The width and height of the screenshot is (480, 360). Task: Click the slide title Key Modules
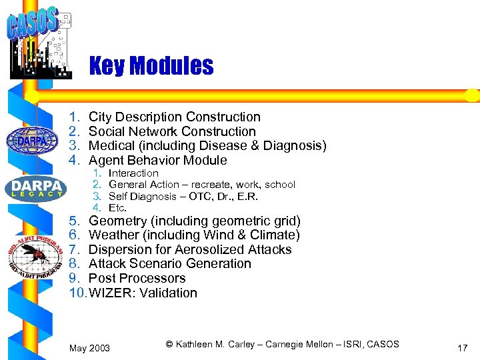[x=151, y=66]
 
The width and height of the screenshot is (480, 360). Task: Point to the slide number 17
[x=463, y=347]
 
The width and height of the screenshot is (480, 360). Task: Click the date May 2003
[x=90, y=348]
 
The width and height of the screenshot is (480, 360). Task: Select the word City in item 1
[x=101, y=117]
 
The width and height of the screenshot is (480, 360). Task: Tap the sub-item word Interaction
[x=133, y=173]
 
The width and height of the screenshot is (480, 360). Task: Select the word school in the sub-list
[x=280, y=185]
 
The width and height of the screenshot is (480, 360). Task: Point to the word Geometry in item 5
[x=117, y=221]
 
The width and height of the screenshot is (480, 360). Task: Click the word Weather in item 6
[x=113, y=235]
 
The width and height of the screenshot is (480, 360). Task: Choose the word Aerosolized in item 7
[x=198, y=250]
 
